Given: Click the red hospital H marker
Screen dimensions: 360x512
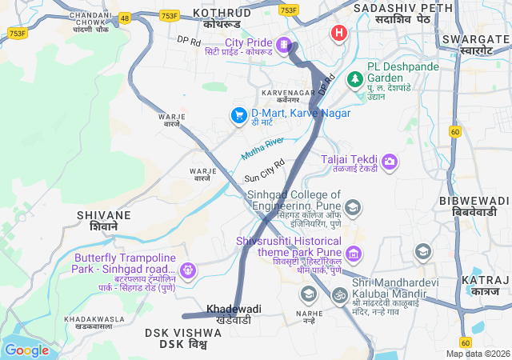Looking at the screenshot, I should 339,34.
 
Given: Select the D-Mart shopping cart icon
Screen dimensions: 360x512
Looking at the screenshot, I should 238,115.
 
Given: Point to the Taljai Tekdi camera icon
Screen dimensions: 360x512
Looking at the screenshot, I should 390,162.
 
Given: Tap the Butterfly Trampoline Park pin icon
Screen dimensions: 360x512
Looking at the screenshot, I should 188,270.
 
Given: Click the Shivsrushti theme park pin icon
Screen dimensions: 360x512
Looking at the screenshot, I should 354,254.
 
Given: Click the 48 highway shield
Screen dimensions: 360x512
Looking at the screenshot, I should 124,17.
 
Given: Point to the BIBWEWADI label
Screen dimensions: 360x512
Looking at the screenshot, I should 474,200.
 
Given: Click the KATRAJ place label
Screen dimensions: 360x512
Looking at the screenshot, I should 486,280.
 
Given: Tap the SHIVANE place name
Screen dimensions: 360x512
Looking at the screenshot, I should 104,215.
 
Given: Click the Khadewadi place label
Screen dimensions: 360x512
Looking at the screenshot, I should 234,309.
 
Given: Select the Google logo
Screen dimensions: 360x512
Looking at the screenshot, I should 26,350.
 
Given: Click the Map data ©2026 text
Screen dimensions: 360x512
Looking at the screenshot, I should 477,354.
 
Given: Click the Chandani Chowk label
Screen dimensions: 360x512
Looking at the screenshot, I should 90,16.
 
